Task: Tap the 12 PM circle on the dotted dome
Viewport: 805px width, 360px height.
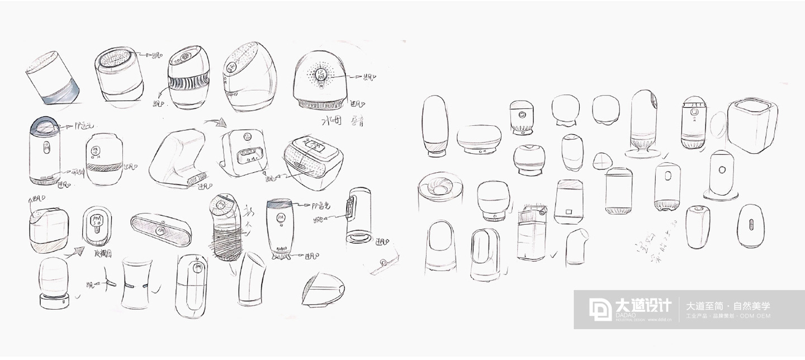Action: pyautogui.click(x=321, y=74)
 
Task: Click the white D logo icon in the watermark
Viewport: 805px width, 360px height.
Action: pyautogui.click(x=600, y=309)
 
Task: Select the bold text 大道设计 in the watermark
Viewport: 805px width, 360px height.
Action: pyautogui.click(x=642, y=305)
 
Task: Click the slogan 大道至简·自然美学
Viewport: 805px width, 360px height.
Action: pyautogui.click(x=728, y=306)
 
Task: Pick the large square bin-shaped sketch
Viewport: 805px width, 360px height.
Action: pyautogui.click(x=752, y=125)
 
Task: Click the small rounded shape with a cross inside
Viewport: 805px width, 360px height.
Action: pyautogui.click(x=602, y=160)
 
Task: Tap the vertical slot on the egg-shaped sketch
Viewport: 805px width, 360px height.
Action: pyautogui.click(x=751, y=226)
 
